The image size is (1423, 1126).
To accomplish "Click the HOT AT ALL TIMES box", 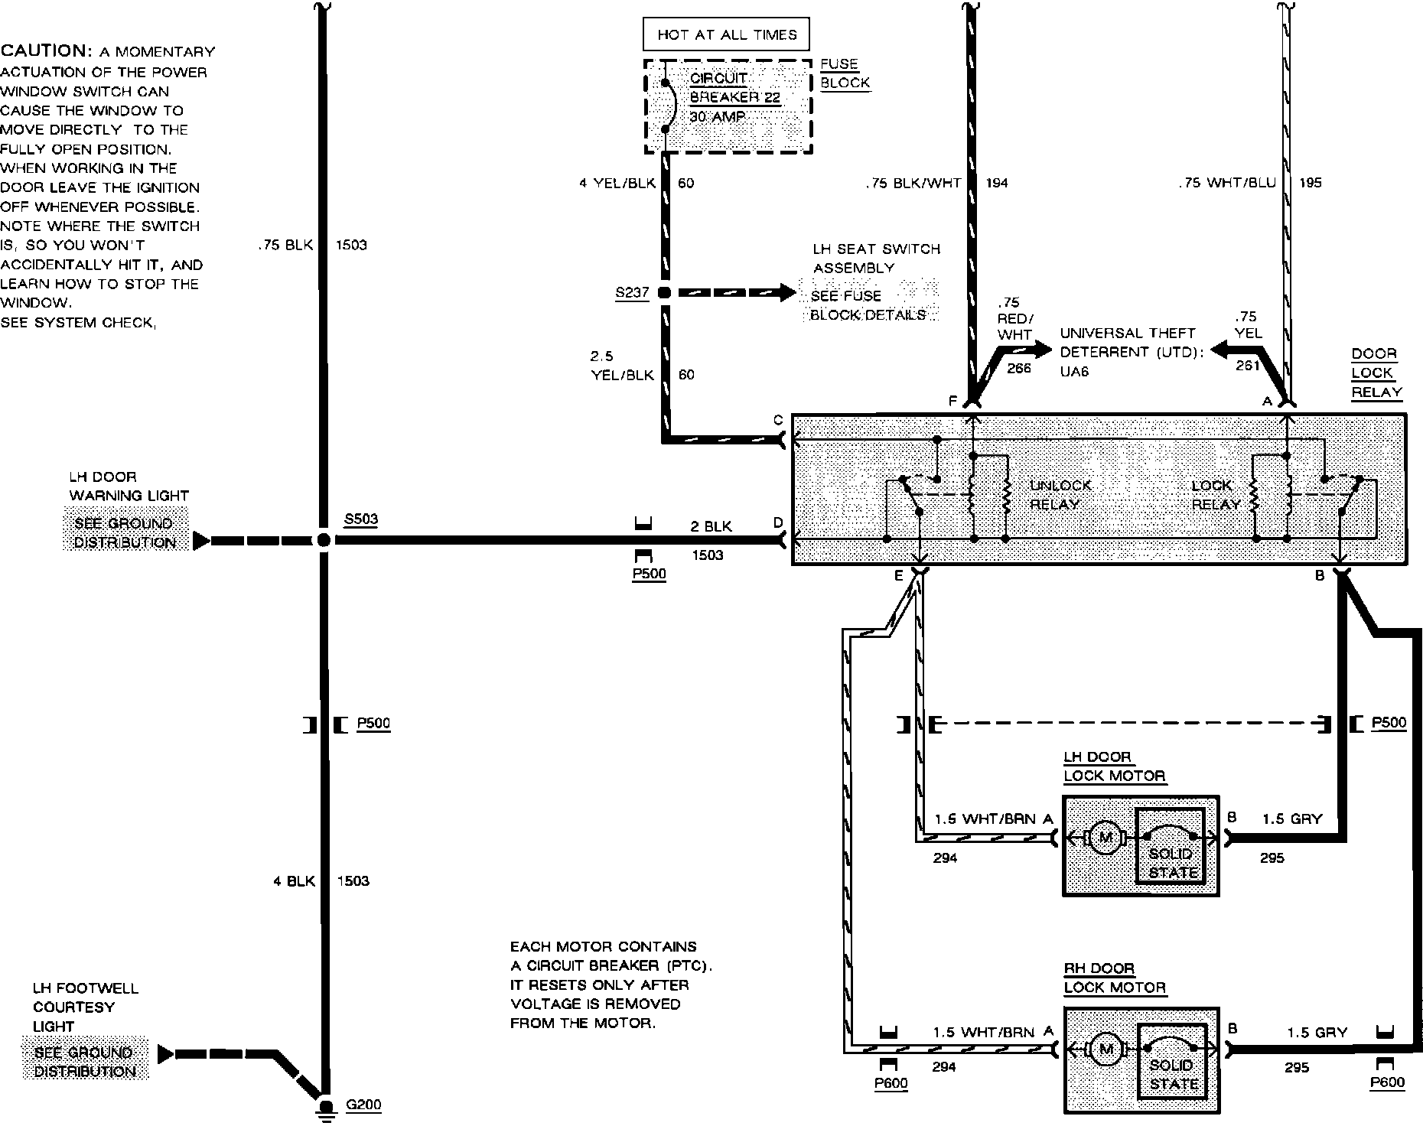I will [726, 34].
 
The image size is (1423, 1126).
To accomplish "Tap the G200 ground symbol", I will [326, 1108].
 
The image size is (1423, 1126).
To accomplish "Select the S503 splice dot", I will [324, 540].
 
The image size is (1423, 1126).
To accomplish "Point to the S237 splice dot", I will [664, 292].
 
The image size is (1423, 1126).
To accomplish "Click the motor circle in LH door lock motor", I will [1105, 838].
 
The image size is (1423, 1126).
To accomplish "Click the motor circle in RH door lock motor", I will [1105, 1049].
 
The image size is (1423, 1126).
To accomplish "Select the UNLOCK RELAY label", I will [1060, 495].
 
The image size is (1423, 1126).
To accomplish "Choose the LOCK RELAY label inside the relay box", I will [1214, 495].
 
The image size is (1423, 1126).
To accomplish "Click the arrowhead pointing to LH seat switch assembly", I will [788, 292].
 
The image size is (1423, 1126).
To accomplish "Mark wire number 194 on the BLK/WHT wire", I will [996, 183].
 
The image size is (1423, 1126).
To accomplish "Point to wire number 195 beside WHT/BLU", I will [1310, 183].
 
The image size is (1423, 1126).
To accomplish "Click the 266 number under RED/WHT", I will [1019, 368].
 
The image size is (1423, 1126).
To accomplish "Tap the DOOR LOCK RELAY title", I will [1376, 373].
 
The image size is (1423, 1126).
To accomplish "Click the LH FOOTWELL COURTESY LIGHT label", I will [85, 1007].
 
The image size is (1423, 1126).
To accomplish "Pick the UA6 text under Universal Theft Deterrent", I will [1074, 371].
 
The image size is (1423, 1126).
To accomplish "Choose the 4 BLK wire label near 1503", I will [294, 881].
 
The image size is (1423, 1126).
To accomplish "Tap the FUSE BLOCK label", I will [844, 73].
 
